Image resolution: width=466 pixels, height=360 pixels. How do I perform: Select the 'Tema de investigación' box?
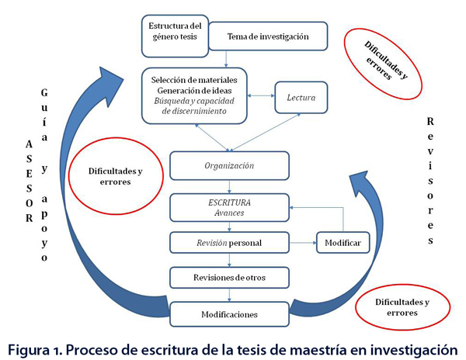pyautogui.click(x=268, y=37)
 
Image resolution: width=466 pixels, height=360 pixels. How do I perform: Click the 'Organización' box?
pyautogui.click(x=229, y=165)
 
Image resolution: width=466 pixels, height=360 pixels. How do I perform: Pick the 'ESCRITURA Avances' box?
pyautogui.click(x=229, y=206)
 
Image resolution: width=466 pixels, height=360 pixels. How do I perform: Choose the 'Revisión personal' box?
pyautogui.click(x=229, y=243)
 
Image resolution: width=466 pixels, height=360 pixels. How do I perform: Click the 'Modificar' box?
pyautogui.click(x=341, y=243)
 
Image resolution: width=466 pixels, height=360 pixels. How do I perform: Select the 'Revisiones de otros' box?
pyautogui.click(x=229, y=277)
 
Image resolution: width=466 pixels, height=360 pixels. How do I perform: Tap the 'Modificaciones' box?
pyautogui.click(x=229, y=315)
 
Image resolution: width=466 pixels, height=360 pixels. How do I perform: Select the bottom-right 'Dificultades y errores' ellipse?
pyautogui.click(x=402, y=306)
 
